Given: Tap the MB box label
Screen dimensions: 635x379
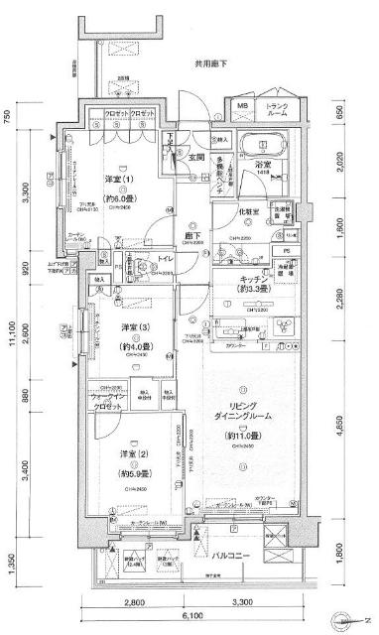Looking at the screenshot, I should pyautogui.click(x=242, y=105).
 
